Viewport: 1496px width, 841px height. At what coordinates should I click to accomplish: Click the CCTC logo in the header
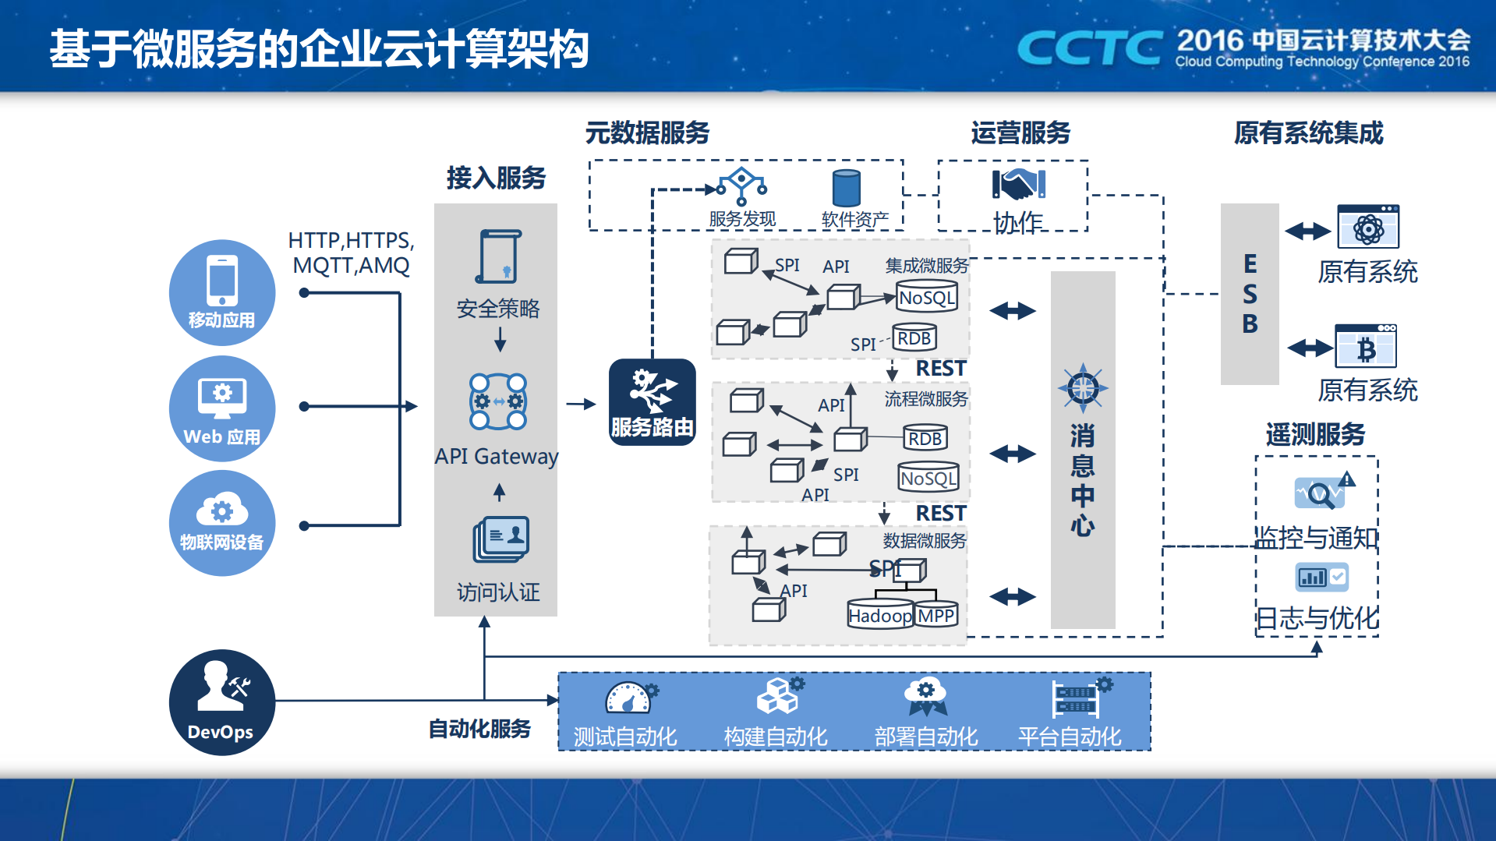1090,48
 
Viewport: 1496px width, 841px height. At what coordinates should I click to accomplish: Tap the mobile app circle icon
222,292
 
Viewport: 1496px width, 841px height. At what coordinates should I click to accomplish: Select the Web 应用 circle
222,408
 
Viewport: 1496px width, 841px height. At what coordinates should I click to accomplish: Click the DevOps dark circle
222,702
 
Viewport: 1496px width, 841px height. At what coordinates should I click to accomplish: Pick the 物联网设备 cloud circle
222,523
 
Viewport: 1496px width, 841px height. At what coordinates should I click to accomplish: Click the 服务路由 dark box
652,402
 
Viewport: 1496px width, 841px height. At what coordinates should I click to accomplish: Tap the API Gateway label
497,456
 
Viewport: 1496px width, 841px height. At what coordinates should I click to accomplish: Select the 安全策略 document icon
498,256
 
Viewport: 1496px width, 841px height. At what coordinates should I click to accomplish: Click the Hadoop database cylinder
879,614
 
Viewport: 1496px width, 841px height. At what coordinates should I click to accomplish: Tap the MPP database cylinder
936,614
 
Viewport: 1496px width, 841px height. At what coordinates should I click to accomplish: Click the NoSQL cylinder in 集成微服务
926,296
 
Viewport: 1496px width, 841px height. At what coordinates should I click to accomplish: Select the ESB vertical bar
1250,294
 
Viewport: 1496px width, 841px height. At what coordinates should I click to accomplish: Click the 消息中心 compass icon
1083,387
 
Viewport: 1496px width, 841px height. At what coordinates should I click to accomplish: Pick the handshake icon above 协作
1018,185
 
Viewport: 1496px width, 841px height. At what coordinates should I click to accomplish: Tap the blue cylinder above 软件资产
846,188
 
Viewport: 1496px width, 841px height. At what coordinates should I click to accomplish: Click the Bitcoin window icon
1366,347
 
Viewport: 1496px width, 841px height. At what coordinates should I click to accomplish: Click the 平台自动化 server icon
1077,698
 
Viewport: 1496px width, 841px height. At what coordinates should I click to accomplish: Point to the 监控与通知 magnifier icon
1320,493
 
